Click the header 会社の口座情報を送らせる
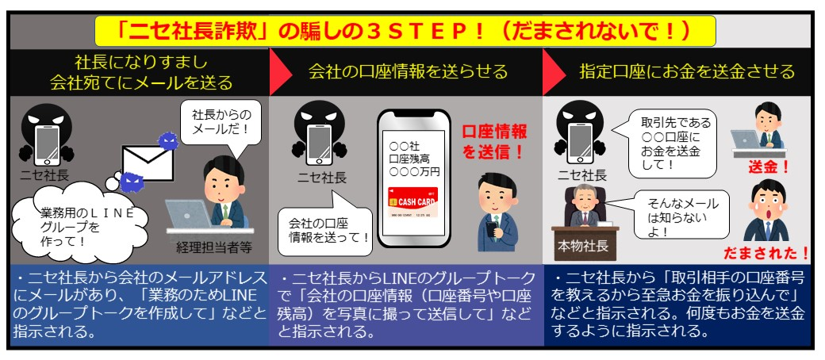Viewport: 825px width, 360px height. click(408, 72)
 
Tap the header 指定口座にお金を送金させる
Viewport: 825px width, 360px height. click(686, 72)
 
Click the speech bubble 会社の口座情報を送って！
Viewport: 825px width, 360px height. click(325, 230)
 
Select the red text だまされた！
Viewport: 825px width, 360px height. click(766, 254)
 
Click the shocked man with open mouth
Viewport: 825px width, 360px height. click(765, 210)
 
